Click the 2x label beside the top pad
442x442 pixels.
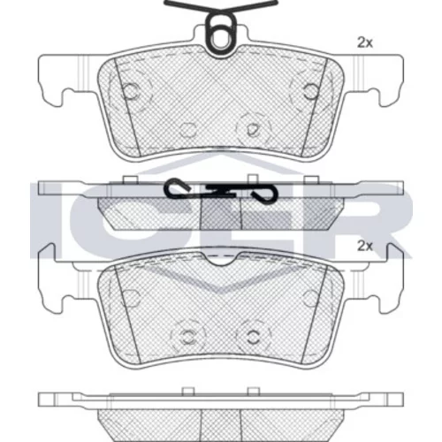click(x=365, y=43)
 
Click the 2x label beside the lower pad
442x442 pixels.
click(x=365, y=246)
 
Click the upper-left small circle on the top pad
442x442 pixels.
click(x=131, y=90)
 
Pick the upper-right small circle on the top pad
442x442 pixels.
click(x=311, y=91)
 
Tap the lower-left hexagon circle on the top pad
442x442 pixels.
click(x=187, y=130)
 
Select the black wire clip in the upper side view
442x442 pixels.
click(x=221, y=190)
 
